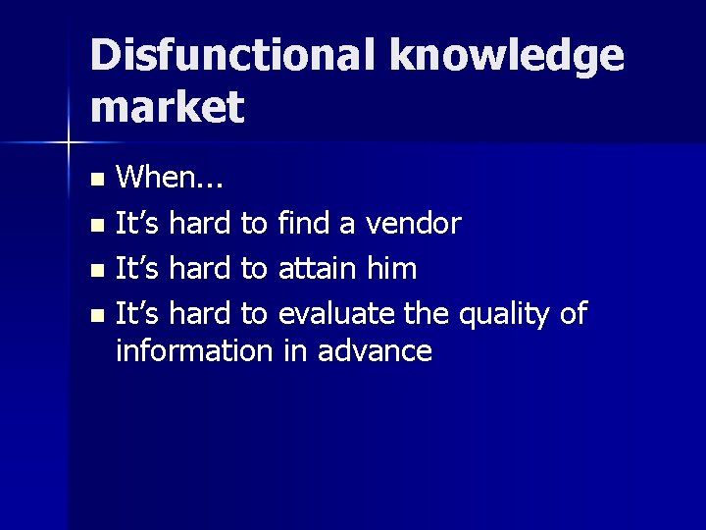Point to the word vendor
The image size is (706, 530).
413,224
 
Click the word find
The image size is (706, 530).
304,224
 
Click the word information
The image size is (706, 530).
193,350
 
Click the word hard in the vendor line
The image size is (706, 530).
201,224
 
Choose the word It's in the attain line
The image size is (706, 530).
137,268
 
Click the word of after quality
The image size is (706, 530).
573,313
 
